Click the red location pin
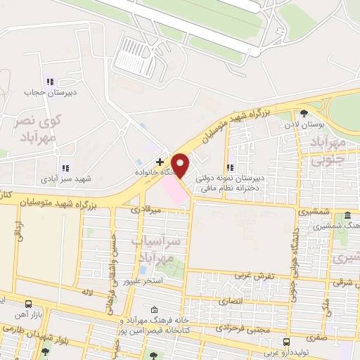pyautogui.click(x=181, y=165)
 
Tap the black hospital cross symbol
pyautogui.click(x=160, y=162)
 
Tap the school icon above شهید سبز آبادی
pyautogui.click(x=65, y=168)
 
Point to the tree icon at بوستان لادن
pyautogui.click(x=304, y=112)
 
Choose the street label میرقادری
pyautogui.click(x=146, y=209)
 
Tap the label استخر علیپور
pyautogui.click(x=143, y=281)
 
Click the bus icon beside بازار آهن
pyautogui.click(x=27, y=304)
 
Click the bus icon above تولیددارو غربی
pyautogui.click(x=285, y=342)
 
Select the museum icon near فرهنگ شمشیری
pyautogui.click(x=348, y=216)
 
